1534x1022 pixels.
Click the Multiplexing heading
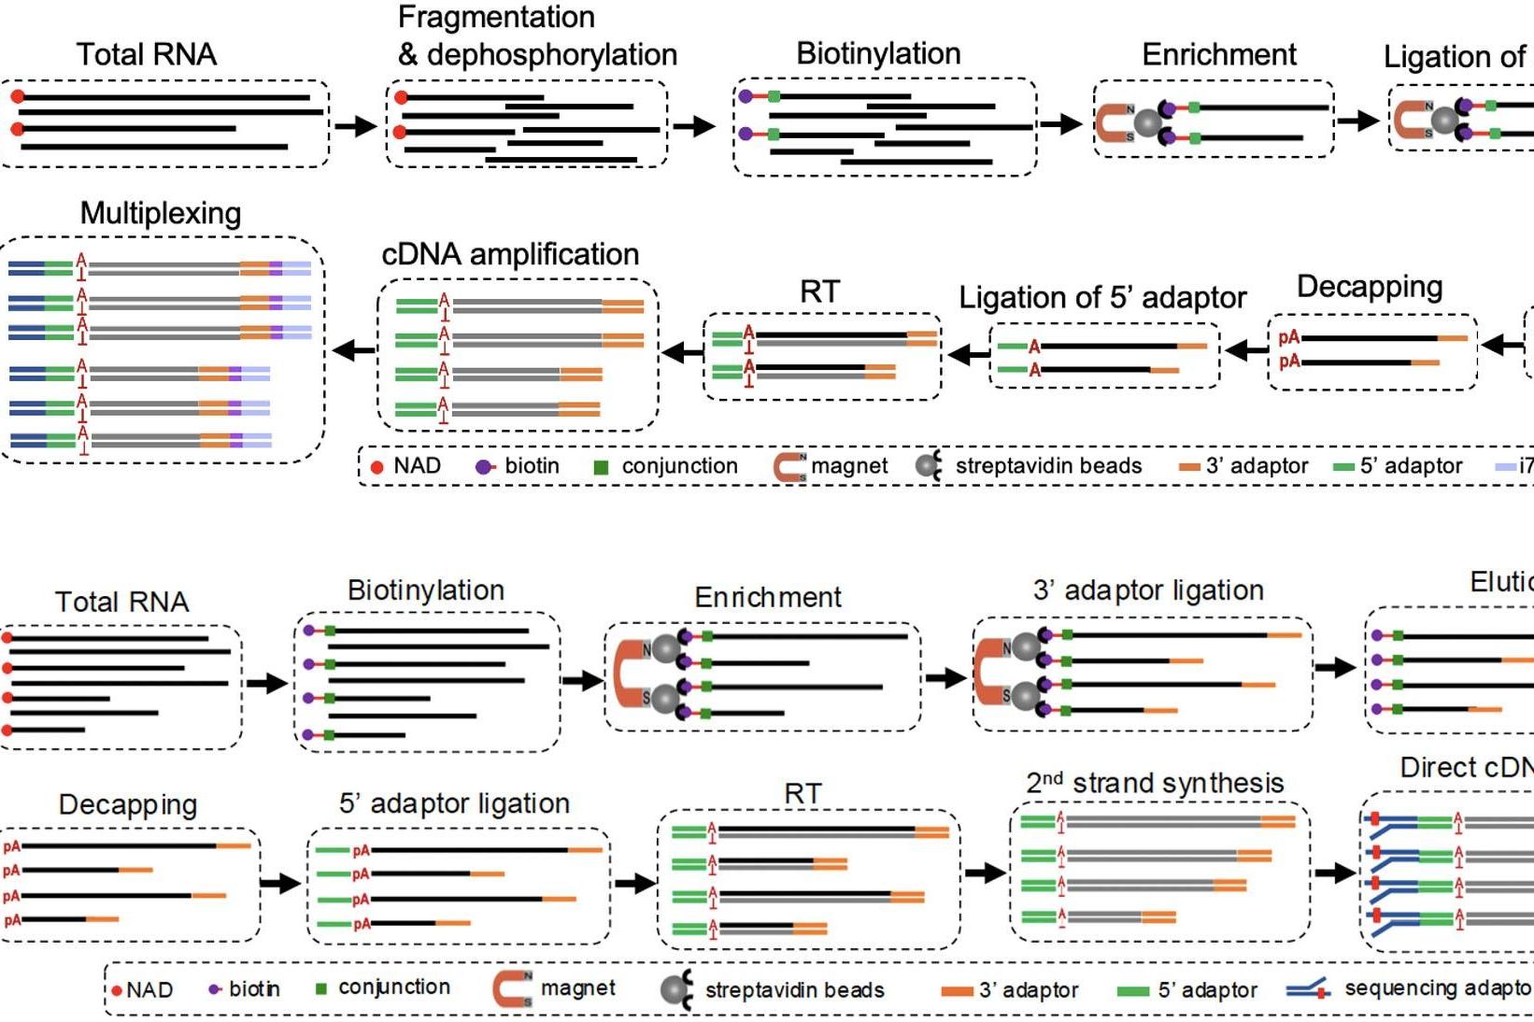(x=161, y=214)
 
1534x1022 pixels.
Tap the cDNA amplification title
(x=510, y=254)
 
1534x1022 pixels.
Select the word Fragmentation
(x=496, y=17)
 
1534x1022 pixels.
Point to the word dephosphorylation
(x=551, y=55)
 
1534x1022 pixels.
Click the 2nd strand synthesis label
(x=1155, y=783)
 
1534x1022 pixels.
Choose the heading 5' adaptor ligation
(x=454, y=803)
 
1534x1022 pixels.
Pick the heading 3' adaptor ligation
(x=1148, y=590)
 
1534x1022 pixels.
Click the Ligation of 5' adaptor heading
(x=1102, y=297)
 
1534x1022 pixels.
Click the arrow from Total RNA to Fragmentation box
(x=356, y=125)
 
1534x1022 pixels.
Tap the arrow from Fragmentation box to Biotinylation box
(x=694, y=125)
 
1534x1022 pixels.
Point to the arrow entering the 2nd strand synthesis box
(x=985, y=873)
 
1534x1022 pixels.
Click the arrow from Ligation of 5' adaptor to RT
(x=968, y=354)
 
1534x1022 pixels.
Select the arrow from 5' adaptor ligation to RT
(x=635, y=883)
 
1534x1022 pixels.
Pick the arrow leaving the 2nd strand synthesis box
(x=1335, y=873)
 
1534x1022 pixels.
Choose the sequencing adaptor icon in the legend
(x=1308, y=989)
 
